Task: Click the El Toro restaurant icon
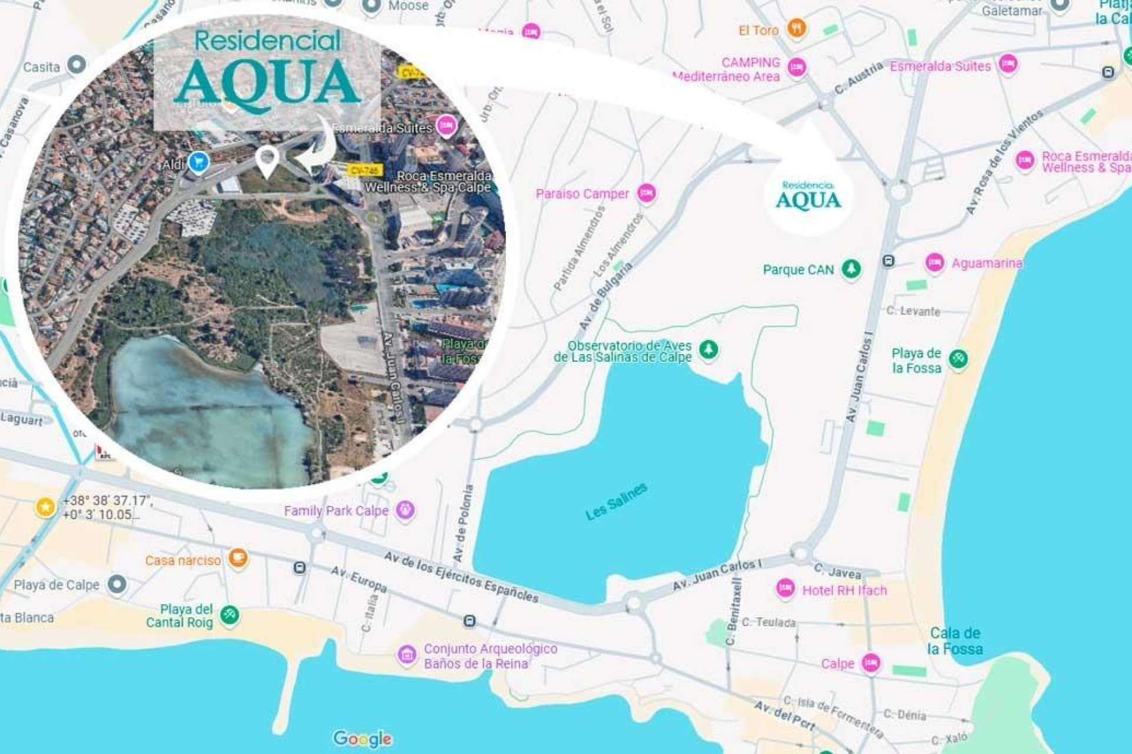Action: [x=796, y=28]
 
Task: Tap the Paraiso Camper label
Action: [x=582, y=194]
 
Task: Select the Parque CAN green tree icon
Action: [x=850, y=269]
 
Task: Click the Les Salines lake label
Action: [x=616, y=502]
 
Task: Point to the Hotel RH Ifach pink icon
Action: [x=785, y=588]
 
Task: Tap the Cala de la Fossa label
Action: [x=955, y=641]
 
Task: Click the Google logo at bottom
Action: [x=362, y=738]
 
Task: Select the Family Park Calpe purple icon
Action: [x=405, y=510]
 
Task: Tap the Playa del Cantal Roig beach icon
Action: [x=229, y=615]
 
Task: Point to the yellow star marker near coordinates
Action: [x=45, y=507]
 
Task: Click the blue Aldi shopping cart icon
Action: [x=199, y=161]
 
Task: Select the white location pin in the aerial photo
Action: [x=267, y=159]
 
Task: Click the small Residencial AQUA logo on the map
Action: [x=808, y=196]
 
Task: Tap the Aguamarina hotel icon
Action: [x=934, y=262]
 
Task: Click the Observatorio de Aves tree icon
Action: [x=708, y=349]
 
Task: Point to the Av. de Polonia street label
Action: [x=463, y=523]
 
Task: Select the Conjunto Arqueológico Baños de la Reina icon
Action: [x=406, y=654]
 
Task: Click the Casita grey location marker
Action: [x=77, y=64]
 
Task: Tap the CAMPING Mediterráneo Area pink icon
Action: [x=797, y=67]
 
